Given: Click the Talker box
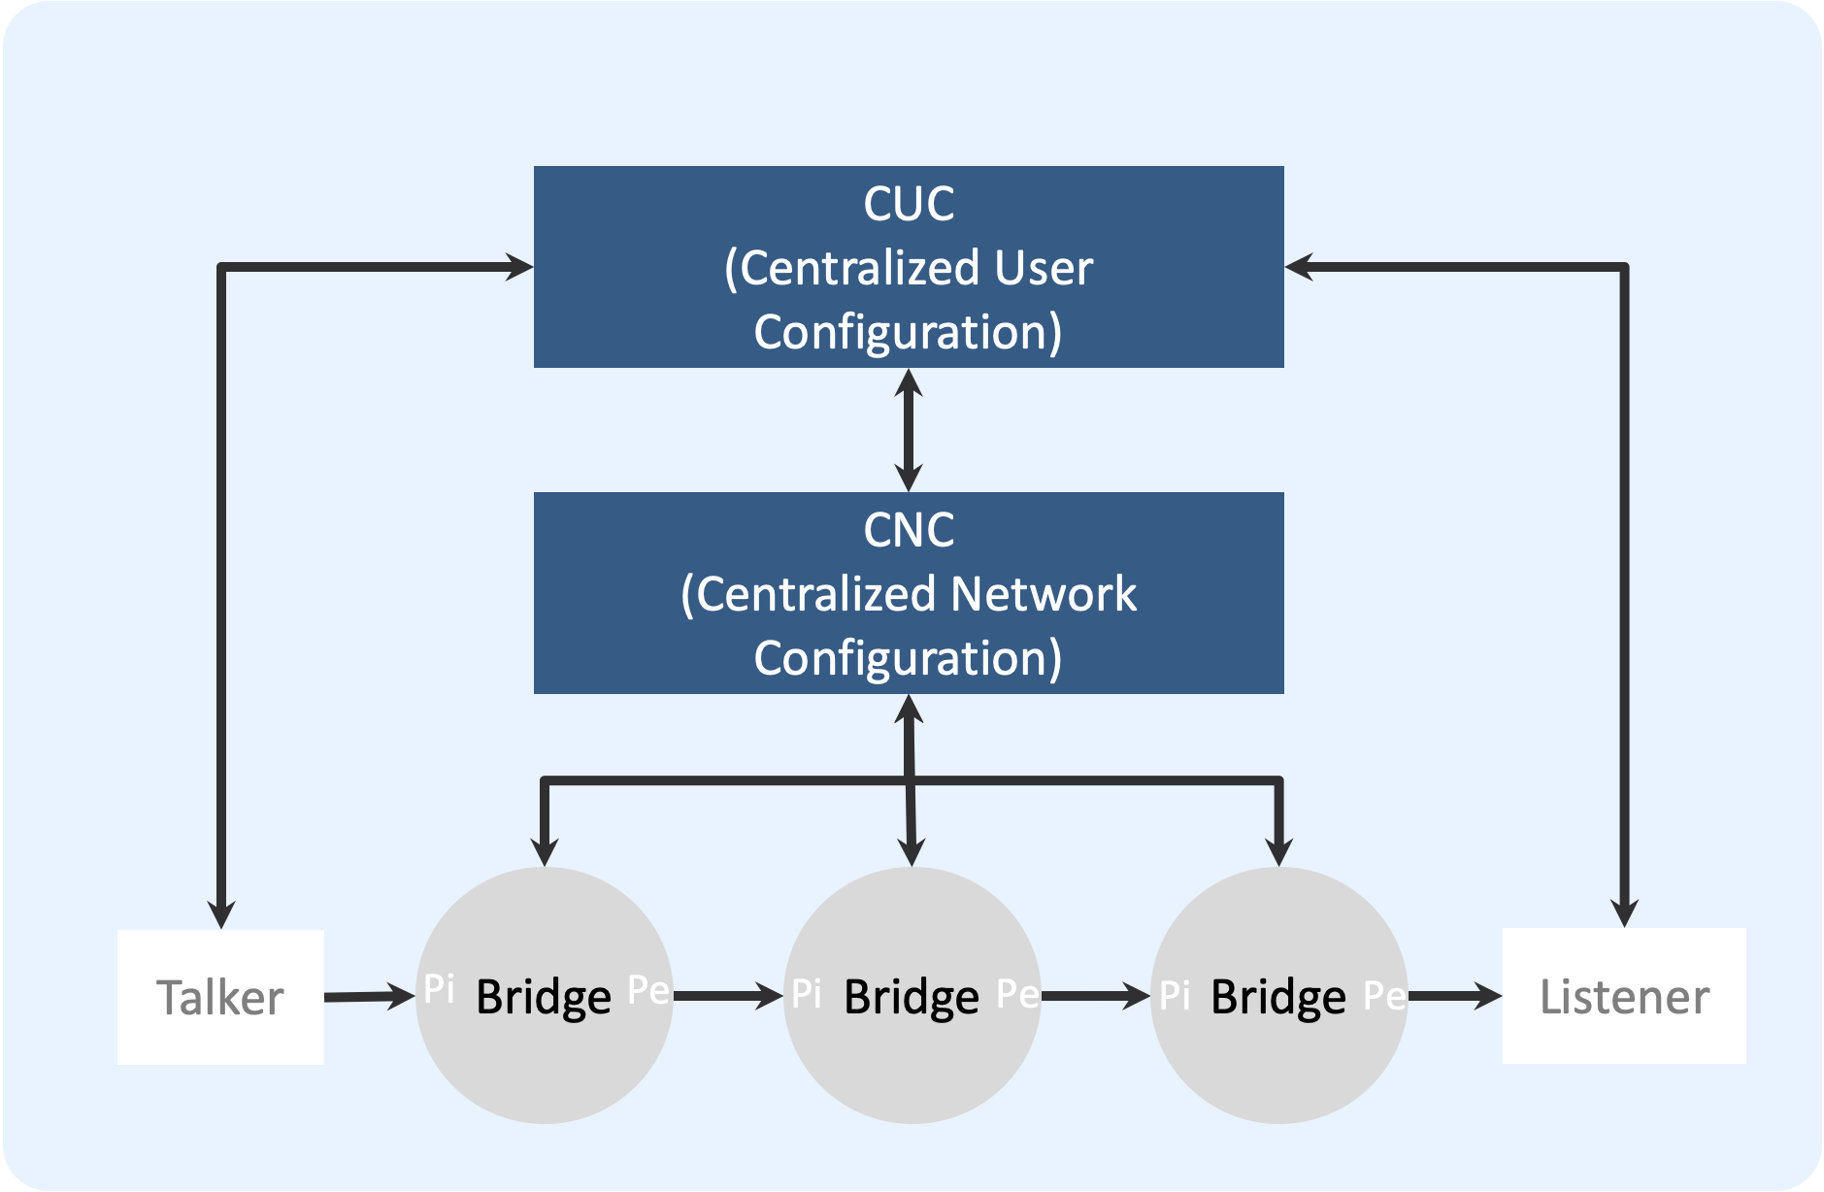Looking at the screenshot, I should click(220, 997).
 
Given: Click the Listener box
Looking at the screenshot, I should click(1624, 996).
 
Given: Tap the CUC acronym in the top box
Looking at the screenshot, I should click(909, 204).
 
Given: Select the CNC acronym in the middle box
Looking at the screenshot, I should click(909, 530).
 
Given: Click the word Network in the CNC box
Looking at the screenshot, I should click(1044, 594).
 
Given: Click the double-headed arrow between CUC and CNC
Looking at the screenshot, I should click(909, 430).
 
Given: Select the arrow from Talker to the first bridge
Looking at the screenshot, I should click(369, 996).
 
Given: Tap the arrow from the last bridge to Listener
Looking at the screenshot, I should click(1454, 995).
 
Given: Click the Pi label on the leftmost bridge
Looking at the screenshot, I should click(439, 989).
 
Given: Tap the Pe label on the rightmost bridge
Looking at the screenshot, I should click(1384, 995).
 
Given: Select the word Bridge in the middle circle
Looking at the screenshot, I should click(912, 997).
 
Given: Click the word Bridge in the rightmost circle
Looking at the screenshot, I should click(1278, 997).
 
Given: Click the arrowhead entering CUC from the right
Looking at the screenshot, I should click(1300, 266).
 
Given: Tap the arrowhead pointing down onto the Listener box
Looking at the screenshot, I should click(1624, 912).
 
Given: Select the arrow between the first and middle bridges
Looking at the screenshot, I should click(728, 995).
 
